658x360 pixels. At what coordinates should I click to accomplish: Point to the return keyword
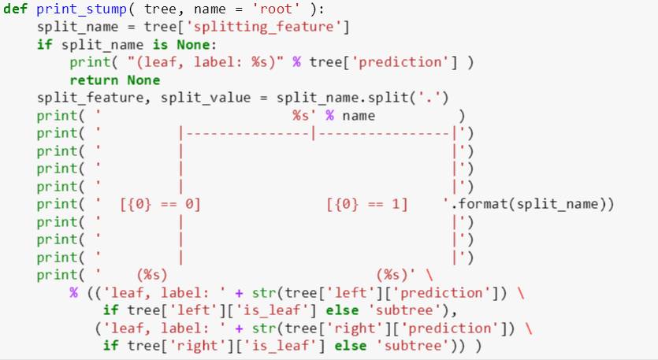coord(88,80)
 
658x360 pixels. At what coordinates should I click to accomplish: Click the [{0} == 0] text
coord(160,205)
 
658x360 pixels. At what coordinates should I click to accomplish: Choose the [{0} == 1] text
coord(367,205)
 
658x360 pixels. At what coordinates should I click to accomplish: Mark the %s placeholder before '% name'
coord(300,116)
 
